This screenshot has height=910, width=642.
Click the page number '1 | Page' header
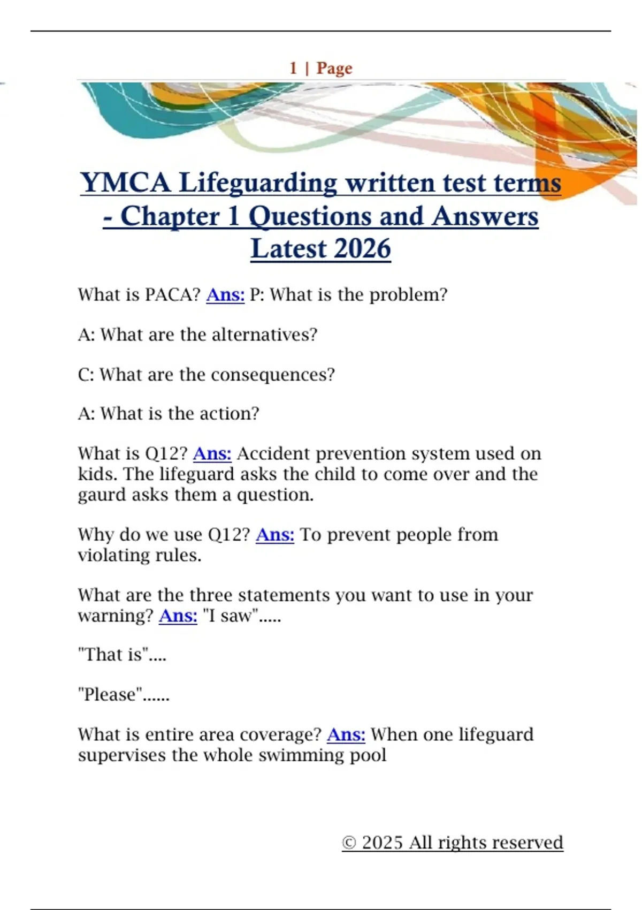click(321, 68)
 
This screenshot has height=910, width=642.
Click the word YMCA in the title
click(125, 183)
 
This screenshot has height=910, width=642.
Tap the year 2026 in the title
click(363, 249)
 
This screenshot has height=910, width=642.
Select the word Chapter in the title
click(170, 216)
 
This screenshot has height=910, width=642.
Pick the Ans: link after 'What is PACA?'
click(225, 294)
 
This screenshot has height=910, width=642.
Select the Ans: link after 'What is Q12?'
click(212, 453)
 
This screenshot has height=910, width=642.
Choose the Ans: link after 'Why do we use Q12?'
click(275, 534)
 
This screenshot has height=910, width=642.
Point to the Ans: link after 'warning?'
click(178, 616)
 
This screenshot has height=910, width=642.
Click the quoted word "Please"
click(110, 694)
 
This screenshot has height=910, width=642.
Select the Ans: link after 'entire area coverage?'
click(346, 734)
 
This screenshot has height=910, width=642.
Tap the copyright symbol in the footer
click(349, 843)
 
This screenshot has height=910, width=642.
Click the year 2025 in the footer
click(382, 843)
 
